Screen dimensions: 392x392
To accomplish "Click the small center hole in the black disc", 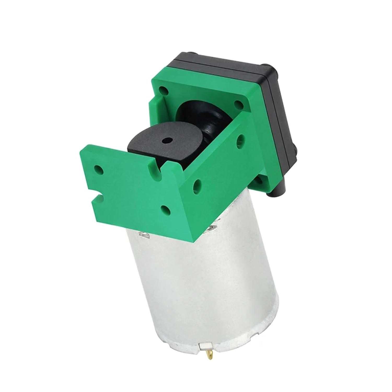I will [166, 141].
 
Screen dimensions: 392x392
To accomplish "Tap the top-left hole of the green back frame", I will [163, 91].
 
